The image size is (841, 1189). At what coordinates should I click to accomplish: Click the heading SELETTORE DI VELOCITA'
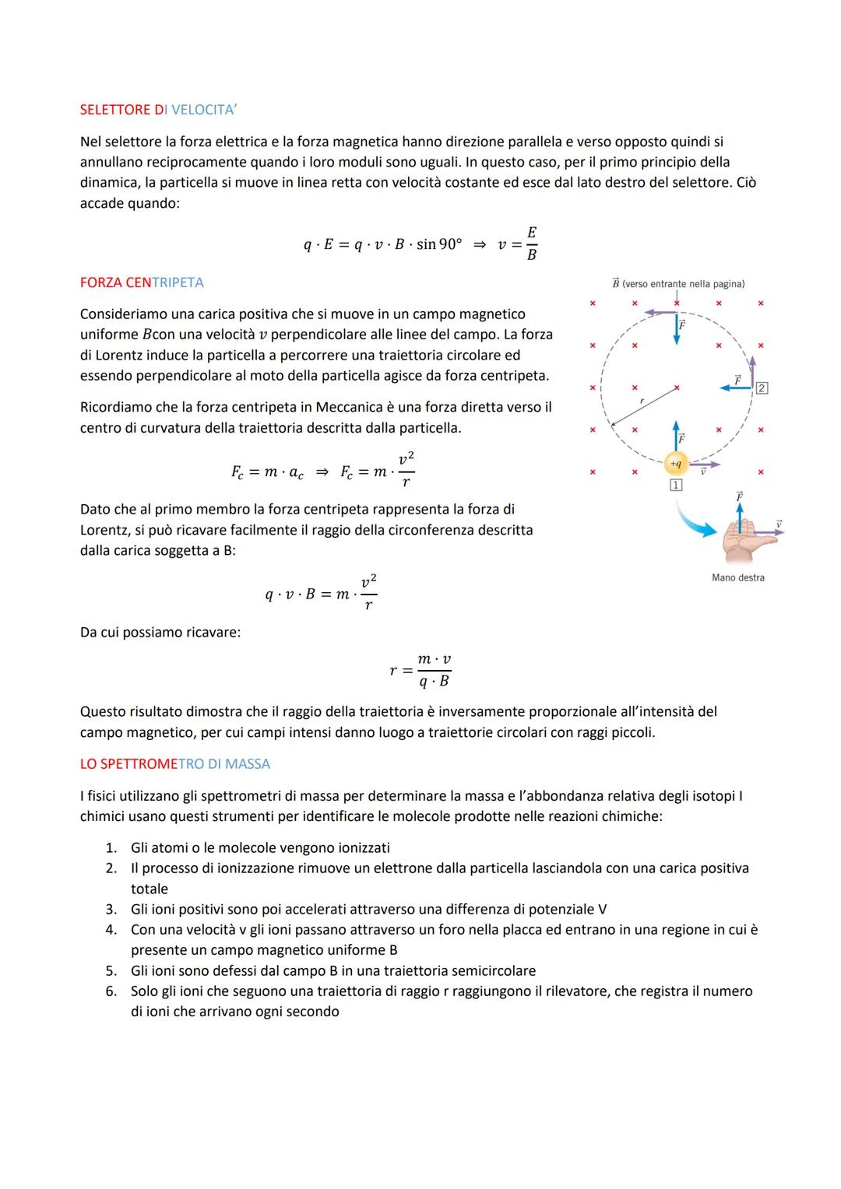click(158, 110)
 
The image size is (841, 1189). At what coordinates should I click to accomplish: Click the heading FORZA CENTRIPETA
click(142, 282)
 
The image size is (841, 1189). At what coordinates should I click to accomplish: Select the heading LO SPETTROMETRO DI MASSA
click(174, 764)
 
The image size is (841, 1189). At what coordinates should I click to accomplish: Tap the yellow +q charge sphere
click(675, 464)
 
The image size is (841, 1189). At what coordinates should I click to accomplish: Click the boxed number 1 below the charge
click(675, 486)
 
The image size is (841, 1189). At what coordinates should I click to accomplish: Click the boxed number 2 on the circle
click(762, 388)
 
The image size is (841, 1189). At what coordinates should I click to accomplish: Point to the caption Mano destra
click(737, 577)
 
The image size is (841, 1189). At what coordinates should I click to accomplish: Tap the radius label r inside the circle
click(642, 400)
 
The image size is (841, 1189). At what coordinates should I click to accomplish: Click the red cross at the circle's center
click(676, 387)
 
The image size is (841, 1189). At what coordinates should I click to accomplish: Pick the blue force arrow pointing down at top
click(676, 331)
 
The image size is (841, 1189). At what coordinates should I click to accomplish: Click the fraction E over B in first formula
click(531, 244)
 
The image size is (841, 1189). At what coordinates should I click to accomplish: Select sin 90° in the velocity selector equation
click(439, 244)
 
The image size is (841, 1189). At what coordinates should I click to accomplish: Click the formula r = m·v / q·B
click(420, 670)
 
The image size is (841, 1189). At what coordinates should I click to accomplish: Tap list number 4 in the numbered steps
click(111, 930)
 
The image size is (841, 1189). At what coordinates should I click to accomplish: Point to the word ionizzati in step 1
click(359, 848)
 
